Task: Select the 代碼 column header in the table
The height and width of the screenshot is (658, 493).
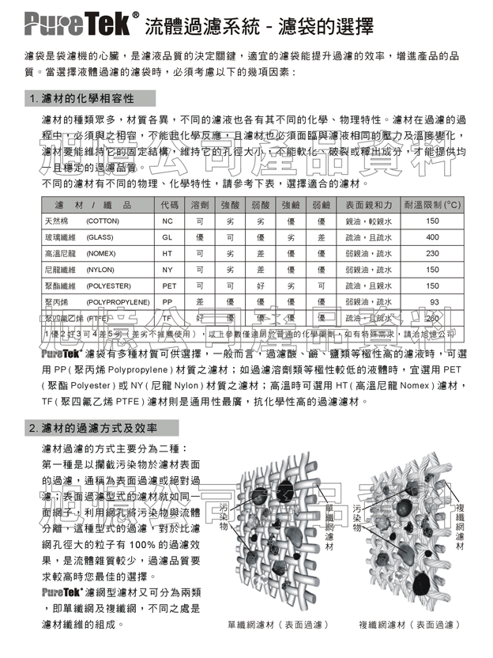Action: click(169, 204)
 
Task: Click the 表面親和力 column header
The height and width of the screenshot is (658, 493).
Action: click(369, 204)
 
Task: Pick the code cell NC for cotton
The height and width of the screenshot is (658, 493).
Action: click(167, 221)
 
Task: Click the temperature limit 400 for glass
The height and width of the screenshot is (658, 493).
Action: click(432, 237)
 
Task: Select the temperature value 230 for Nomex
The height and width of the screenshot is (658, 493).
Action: click(432, 253)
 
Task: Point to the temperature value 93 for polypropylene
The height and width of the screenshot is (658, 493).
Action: click(434, 302)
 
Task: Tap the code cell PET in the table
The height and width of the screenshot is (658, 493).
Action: click(169, 286)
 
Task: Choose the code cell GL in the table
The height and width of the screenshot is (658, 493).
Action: click(167, 237)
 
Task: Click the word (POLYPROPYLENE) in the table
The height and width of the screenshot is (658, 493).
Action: click(118, 302)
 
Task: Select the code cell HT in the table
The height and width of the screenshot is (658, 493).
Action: click(167, 253)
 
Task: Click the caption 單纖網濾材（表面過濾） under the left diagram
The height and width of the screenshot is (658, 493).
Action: click(278, 624)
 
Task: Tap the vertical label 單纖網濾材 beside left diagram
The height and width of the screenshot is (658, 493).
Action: click(329, 525)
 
